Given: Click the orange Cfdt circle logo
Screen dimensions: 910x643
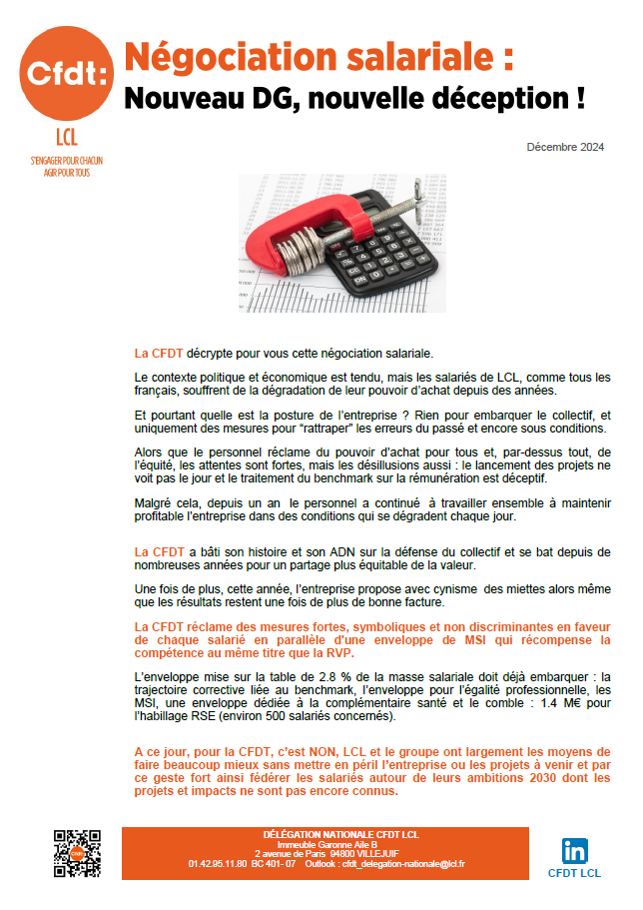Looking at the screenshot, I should (x=66, y=75).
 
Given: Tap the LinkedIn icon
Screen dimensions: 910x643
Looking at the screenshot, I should (x=574, y=851).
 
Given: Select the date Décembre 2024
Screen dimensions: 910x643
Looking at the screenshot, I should (x=565, y=148).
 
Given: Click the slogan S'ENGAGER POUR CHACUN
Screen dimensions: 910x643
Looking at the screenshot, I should (x=66, y=160).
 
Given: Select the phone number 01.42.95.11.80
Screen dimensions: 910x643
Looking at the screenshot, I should (x=218, y=864).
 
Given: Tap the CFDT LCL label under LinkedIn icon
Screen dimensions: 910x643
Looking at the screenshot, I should (x=574, y=873).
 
